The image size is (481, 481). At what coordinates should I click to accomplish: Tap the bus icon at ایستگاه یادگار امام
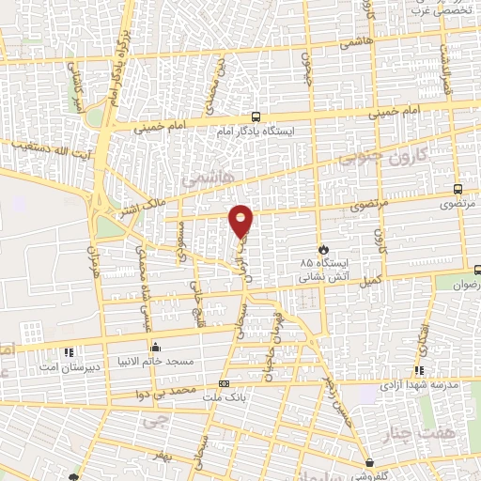(257, 117)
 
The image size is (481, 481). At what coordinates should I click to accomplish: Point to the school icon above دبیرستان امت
(68, 353)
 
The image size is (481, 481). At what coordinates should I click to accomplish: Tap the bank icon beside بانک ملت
(224, 383)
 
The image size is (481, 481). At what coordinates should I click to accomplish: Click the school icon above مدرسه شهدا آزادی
(419, 371)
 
